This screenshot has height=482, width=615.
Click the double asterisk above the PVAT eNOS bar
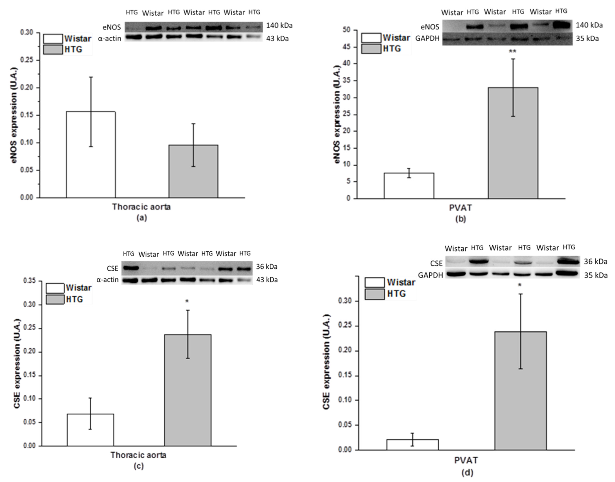513,51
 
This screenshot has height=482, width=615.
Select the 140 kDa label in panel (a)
279,26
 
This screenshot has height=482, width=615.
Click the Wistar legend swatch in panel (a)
53,39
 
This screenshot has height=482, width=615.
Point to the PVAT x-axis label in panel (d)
466,461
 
